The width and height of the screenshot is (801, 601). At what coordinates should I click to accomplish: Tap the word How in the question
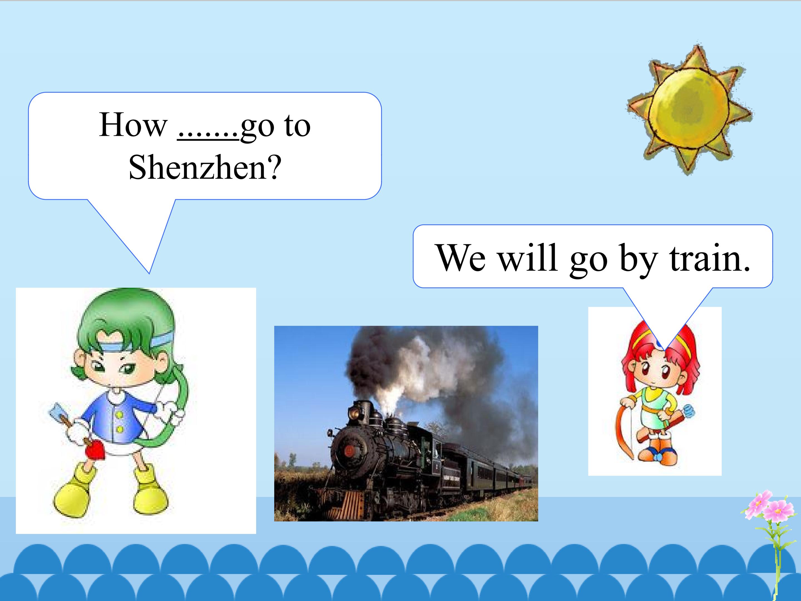point(133,125)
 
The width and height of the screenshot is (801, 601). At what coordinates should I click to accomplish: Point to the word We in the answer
point(461,258)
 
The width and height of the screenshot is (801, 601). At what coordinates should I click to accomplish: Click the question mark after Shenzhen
point(274,168)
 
